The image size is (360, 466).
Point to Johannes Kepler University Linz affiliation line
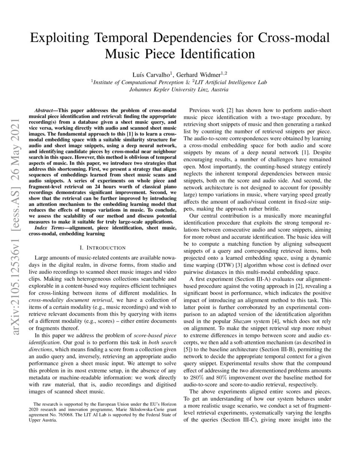(x=180, y=89)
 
